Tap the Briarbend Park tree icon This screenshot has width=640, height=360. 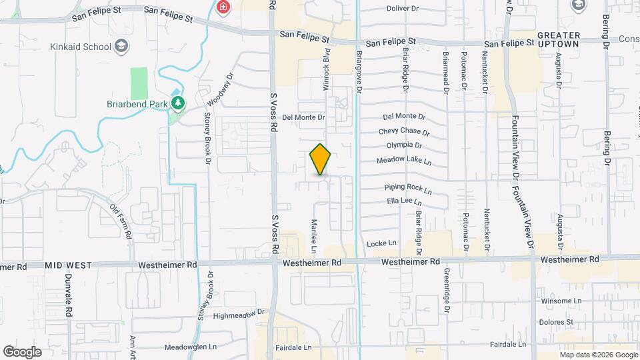[177, 103]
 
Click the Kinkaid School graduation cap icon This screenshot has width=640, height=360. [121, 46]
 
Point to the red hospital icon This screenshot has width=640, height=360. [223, 7]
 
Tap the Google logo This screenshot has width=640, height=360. [22, 351]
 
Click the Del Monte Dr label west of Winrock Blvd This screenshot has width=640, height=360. [303, 117]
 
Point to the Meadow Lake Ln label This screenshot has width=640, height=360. [404, 161]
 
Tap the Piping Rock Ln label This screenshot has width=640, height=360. [409, 190]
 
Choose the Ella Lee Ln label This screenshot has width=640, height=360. [405, 201]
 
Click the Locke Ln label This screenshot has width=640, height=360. [381, 244]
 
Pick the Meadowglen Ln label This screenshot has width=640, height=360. [191, 347]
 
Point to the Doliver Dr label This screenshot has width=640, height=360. [406, 9]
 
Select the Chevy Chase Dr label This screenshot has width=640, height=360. [402, 131]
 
